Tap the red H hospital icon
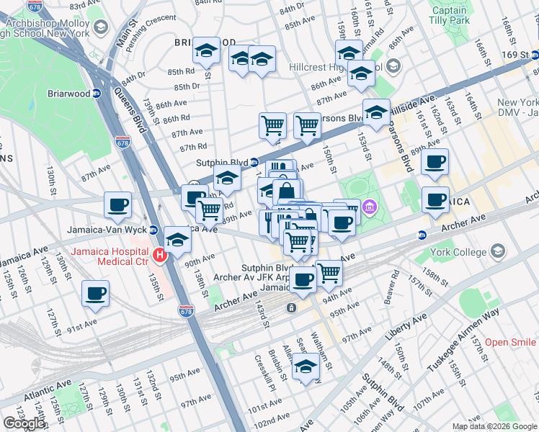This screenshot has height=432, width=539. pos(160,254)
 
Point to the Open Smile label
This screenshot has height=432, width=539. pos(510,342)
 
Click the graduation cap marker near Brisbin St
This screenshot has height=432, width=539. pos(306,367)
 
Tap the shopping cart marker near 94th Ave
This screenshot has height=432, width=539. pos(329,273)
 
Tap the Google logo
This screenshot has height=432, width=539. pos(24,423)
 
